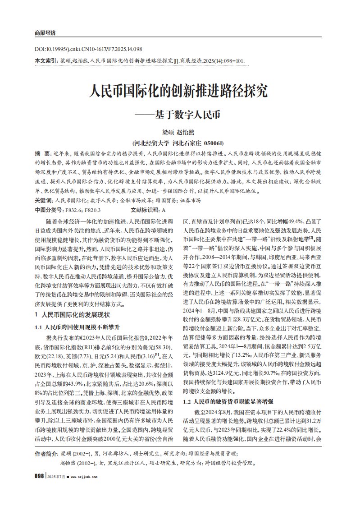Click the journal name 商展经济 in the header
(45, 33)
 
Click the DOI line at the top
(88, 49)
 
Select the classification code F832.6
(74, 210)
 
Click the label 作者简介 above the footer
(46, 452)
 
